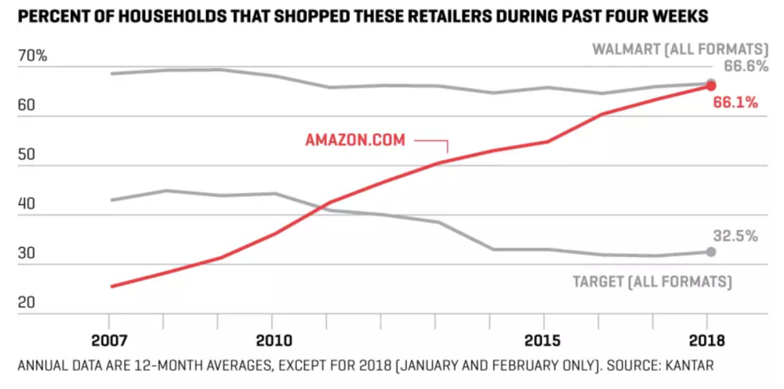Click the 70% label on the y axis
(32, 56)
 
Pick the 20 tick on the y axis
(28, 303)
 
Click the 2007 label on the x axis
(111, 341)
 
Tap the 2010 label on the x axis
(272, 341)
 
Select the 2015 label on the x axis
(545, 341)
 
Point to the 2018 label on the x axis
(707, 341)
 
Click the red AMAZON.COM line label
(355, 140)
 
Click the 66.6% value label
(745, 67)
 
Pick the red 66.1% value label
(735, 102)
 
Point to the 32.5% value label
(735, 236)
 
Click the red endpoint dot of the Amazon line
(710, 86)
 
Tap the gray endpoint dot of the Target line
(710, 252)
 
